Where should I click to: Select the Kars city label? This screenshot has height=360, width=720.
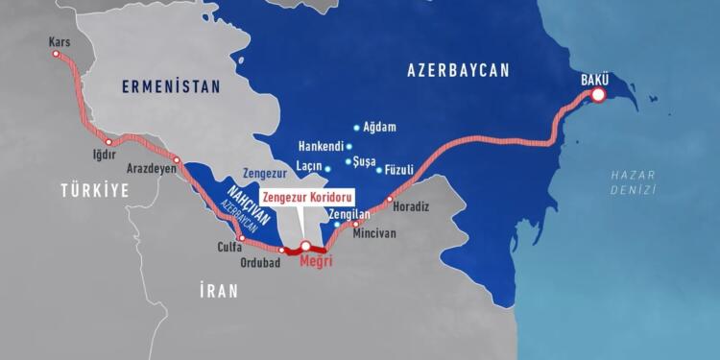pos(59,42)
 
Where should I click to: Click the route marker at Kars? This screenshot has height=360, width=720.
pos(56,55)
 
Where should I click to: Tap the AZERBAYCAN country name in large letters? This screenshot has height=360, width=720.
pos(458,70)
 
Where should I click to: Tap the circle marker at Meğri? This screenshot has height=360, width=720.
pos(306,247)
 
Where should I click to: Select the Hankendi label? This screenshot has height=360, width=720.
pos(322,147)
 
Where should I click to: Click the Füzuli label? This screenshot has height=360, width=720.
pos(398,169)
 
